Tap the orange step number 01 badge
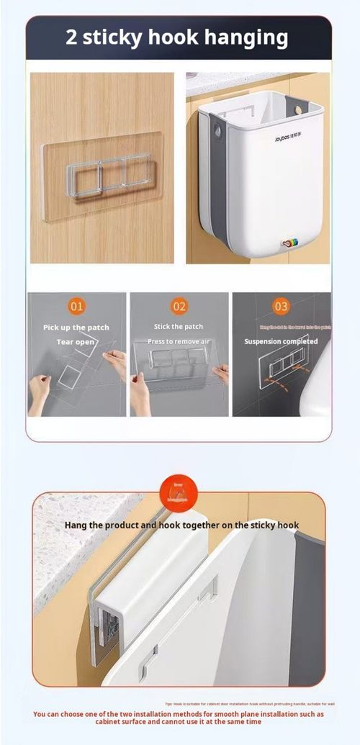point(76,306)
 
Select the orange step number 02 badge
point(179,306)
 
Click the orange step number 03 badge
point(282,306)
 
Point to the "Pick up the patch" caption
point(76,328)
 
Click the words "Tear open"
point(75,342)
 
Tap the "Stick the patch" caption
point(179,327)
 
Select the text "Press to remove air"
point(179,340)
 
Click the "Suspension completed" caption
point(281,341)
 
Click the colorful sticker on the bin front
point(291,244)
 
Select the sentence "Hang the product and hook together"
point(181,525)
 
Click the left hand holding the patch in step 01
point(39,392)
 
